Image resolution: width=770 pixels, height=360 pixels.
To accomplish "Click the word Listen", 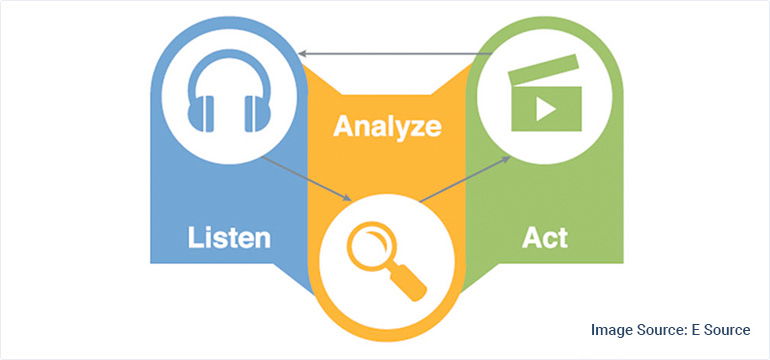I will point(229,238).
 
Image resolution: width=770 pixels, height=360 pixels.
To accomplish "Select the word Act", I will point(545,238).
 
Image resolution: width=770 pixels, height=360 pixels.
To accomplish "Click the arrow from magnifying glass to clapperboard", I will point(461,180).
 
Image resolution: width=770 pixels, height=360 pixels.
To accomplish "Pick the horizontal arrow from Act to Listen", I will point(390,53).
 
